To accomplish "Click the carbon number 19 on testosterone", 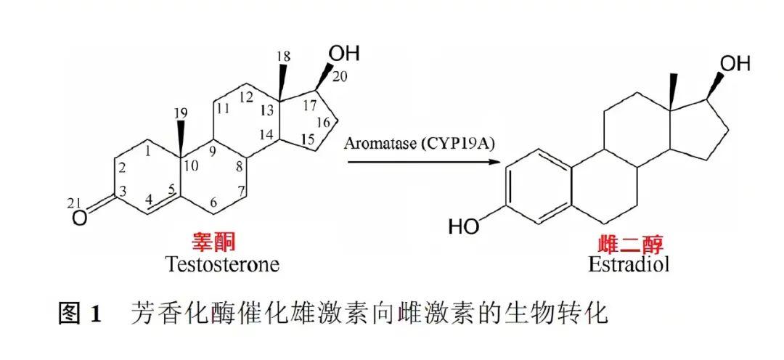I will pyautogui.click(x=181, y=112).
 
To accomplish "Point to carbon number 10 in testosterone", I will pyautogui.click(x=190, y=165).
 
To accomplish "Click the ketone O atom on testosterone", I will pyautogui.click(x=83, y=216).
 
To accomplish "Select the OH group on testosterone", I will pyautogui.click(x=344, y=53).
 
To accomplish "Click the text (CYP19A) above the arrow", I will pyautogui.click(x=462, y=144).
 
